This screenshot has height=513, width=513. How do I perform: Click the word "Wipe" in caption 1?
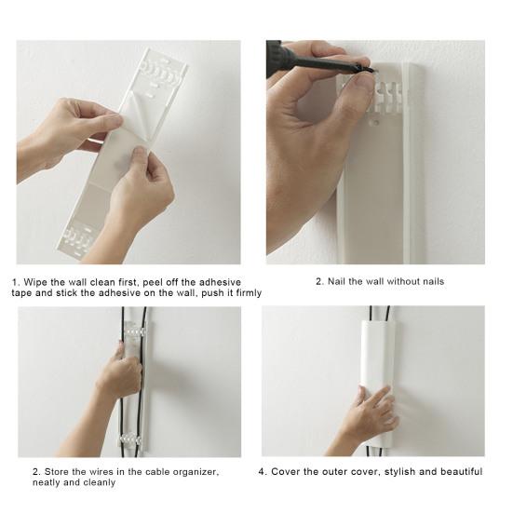coord(35,282)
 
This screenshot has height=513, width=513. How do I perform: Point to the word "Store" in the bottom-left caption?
coord(56,471)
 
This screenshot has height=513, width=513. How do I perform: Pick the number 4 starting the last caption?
coord(261,471)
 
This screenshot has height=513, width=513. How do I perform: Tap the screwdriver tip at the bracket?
coord(375,71)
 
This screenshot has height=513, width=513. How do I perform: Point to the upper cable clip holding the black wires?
coord(133,331)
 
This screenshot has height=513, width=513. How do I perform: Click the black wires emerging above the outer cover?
coord(380,314)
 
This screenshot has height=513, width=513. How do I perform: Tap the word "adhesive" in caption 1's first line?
coord(220,282)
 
